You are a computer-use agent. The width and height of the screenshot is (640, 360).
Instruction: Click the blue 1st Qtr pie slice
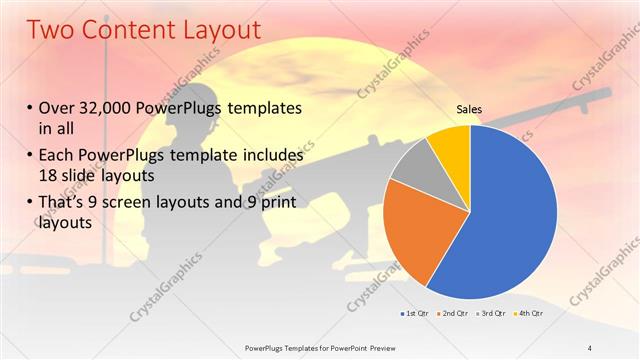pyautogui.click(x=505, y=220)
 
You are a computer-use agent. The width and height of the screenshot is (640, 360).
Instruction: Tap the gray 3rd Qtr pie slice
pyautogui.click(x=410, y=172)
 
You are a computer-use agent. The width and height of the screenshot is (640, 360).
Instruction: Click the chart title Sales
pyautogui.click(x=470, y=108)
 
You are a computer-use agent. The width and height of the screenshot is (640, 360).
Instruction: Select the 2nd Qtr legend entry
pyautogui.click(x=454, y=315)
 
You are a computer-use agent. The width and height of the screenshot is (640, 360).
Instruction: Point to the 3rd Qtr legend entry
pyautogui.click(x=491, y=315)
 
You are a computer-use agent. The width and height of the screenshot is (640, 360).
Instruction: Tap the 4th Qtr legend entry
pyautogui.click(x=528, y=315)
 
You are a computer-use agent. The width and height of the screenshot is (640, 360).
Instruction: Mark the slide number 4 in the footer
pyautogui.click(x=591, y=347)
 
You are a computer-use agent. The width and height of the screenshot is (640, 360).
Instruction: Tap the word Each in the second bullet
pyautogui.click(x=57, y=156)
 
